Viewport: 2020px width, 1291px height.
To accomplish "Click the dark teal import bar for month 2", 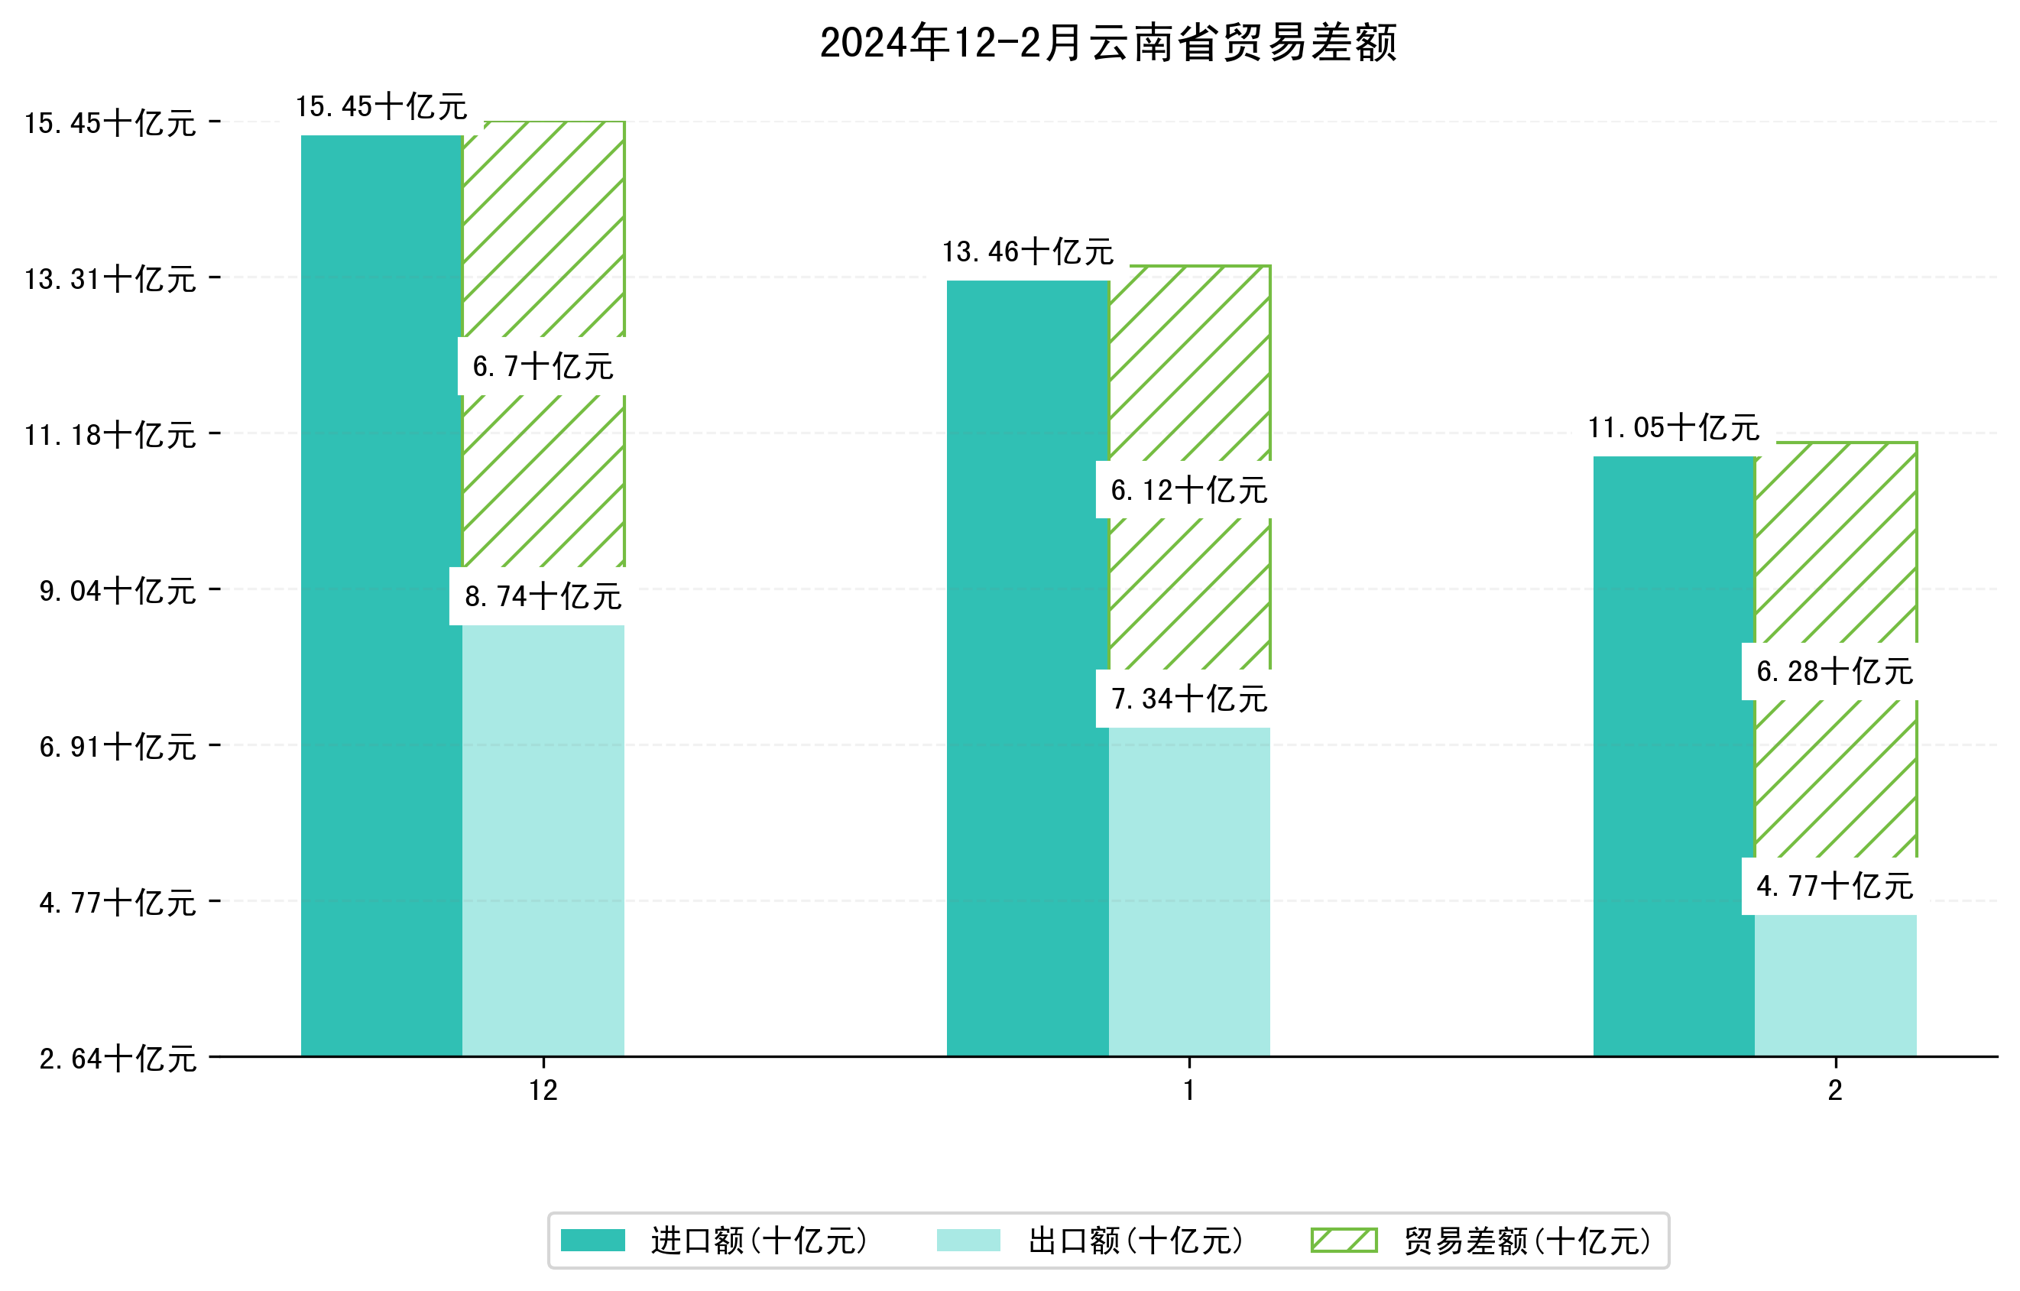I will point(1674,756).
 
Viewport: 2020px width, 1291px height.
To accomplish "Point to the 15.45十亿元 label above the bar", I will point(381,106).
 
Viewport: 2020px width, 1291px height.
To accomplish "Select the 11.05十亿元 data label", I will point(1674,428).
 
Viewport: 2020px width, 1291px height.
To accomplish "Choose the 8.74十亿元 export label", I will point(543,596).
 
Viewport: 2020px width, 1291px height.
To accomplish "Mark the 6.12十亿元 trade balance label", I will point(1188,490).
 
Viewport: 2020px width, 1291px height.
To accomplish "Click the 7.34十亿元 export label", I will point(1188,699).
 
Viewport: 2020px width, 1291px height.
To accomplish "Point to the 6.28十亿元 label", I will point(1834,671).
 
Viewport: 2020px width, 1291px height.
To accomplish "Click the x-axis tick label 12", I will point(543,1091).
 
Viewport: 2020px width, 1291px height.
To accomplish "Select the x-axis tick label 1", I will point(1188,1091).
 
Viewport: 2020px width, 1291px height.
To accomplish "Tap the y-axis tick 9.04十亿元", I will point(118,591).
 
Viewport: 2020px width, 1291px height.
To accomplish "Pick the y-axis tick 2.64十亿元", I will point(118,1059).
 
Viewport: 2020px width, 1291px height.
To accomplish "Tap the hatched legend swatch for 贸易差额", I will point(1344,1240).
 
